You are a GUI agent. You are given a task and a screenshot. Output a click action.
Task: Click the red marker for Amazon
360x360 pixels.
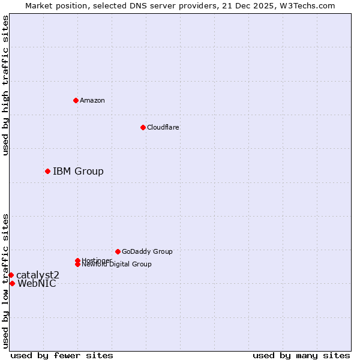click(x=76, y=100)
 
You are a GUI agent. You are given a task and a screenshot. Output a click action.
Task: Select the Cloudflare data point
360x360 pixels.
click(x=143, y=127)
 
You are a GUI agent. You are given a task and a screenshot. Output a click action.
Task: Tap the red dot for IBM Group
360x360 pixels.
click(x=47, y=171)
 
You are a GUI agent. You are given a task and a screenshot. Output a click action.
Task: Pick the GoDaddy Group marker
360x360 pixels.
click(x=118, y=251)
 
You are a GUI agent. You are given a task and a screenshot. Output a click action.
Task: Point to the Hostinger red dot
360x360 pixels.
click(x=77, y=260)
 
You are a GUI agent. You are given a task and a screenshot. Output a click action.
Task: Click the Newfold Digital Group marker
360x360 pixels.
click(x=78, y=264)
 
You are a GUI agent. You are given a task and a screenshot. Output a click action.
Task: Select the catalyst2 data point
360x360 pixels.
click(x=11, y=275)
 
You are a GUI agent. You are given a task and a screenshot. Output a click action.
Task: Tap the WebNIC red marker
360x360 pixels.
click(x=12, y=283)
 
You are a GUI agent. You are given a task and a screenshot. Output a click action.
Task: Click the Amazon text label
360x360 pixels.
click(x=92, y=100)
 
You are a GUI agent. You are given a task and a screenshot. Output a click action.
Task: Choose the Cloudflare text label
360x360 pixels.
click(x=163, y=127)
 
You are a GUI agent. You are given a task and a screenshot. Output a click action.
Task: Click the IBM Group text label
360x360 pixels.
click(x=78, y=172)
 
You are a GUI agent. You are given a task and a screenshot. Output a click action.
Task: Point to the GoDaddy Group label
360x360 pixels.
click(x=147, y=251)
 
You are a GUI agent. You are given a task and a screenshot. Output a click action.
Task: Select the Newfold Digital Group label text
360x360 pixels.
click(x=116, y=265)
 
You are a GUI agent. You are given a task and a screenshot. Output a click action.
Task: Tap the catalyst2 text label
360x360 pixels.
click(x=38, y=275)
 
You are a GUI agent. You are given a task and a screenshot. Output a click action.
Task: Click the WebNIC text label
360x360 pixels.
click(x=37, y=284)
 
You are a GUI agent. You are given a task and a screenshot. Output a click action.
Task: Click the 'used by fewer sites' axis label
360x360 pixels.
click(x=62, y=355)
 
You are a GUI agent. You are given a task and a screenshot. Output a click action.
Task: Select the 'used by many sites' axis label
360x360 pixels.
click(x=301, y=355)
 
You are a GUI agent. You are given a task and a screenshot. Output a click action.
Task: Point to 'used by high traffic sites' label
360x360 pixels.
click(x=5, y=85)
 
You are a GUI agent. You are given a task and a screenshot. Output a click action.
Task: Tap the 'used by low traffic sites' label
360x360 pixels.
click(x=5, y=280)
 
